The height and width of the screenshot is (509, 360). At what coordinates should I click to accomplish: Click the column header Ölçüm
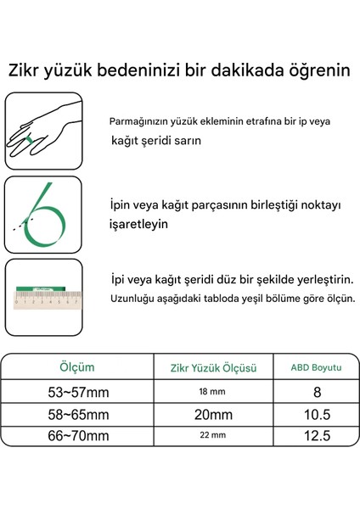pos(77,367)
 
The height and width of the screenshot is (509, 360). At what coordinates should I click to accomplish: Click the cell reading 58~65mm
pos(77,415)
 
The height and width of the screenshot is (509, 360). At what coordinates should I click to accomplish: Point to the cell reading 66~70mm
pos(77,438)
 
